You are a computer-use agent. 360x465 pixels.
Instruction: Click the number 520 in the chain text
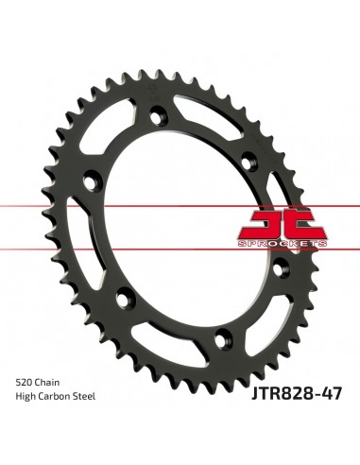pyautogui.click(x=25, y=381)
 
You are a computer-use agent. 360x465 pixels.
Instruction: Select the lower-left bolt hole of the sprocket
pyautogui.click(x=122, y=299)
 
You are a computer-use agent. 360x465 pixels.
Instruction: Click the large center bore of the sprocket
pyautogui.click(x=180, y=227)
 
